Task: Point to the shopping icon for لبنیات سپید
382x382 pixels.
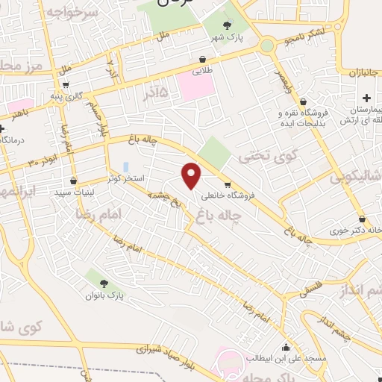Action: [x=73, y=181]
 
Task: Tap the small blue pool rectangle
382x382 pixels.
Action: [x=125, y=166]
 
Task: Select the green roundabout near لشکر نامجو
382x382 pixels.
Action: [x=266, y=46]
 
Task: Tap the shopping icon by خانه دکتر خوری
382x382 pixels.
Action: [x=362, y=219]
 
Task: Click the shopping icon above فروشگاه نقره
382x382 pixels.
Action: [x=303, y=102]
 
